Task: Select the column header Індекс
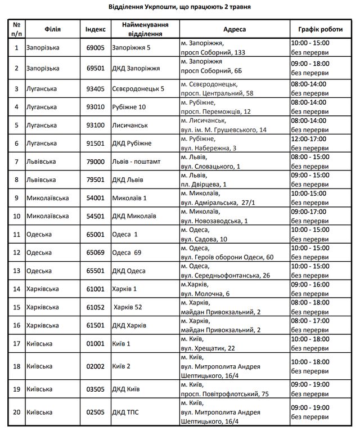[94, 29]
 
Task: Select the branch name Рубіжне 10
[130, 107]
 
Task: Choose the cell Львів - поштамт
[137, 162]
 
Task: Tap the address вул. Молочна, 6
[205, 294]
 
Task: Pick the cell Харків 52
[128, 307]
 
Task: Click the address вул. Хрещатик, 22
[208, 348]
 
